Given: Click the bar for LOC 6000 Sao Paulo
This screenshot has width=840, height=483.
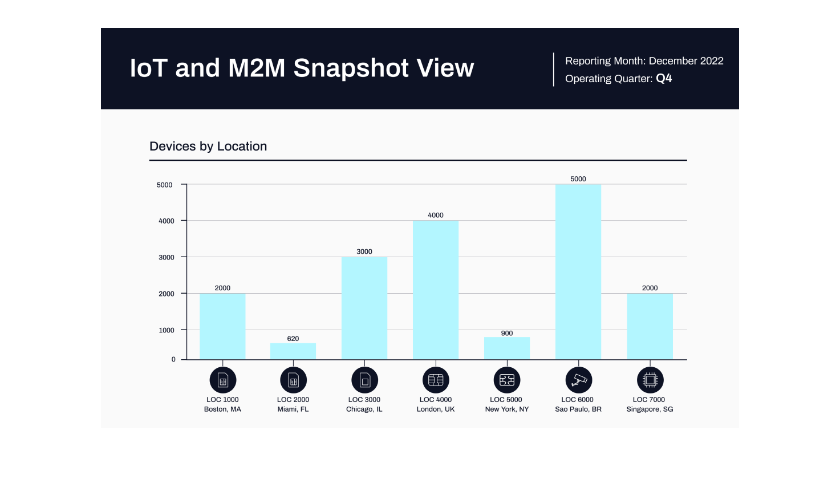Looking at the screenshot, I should (x=578, y=272).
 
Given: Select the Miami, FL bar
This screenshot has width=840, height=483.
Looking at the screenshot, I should (x=293, y=351).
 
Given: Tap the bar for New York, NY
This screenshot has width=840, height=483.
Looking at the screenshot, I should (x=506, y=348).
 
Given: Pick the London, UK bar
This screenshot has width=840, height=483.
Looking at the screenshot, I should (x=435, y=290).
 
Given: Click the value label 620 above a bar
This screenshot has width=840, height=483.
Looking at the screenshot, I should (x=293, y=339).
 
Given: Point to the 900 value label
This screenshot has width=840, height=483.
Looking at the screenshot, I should (x=506, y=333).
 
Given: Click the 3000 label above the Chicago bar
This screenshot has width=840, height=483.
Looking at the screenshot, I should (x=364, y=251).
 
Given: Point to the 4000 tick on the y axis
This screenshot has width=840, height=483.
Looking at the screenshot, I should (x=167, y=221).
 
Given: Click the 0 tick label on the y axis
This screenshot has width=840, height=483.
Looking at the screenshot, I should (x=173, y=359).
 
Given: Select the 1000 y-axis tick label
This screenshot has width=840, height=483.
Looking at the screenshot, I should (x=167, y=330).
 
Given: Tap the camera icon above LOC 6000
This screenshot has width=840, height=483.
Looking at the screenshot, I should (x=578, y=380).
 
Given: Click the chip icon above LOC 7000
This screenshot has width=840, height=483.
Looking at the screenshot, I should (x=650, y=380).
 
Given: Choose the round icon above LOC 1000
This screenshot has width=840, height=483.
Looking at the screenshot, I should (x=222, y=380).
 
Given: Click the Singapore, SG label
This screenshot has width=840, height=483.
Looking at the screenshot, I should (x=650, y=409).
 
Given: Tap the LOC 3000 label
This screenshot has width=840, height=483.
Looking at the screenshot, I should (x=364, y=400).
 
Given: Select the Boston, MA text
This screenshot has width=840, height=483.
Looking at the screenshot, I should (x=222, y=409).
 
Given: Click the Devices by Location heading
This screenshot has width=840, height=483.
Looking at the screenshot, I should (x=208, y=147).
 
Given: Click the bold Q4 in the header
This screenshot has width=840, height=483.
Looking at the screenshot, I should (x=664, y=79).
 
